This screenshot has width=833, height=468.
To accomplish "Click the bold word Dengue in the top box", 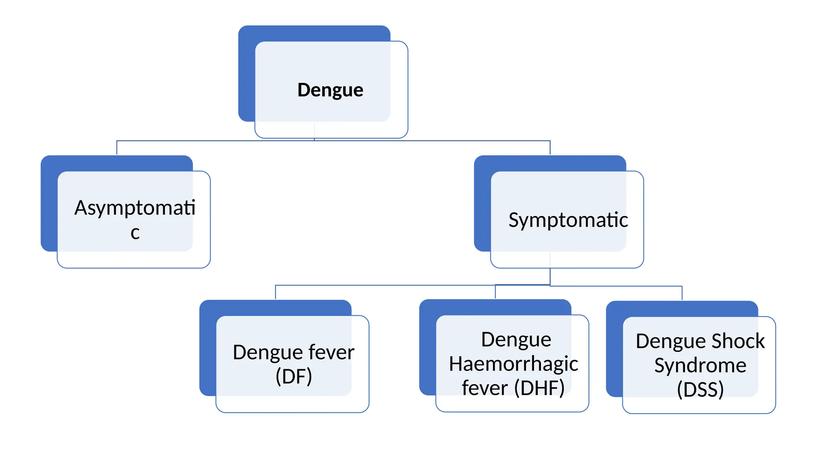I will [330, 90].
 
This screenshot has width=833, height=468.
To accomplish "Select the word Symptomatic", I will [568, 220].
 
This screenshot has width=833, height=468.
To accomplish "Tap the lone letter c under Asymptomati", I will [135, 233].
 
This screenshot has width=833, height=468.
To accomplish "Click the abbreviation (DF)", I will [294, 376].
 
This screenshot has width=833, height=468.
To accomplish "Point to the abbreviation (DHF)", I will [539, 388].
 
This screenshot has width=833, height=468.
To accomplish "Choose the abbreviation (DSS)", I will [700, 389].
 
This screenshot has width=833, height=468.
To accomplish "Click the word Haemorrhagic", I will [513, 364].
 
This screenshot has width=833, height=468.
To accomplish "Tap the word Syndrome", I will [700, 365].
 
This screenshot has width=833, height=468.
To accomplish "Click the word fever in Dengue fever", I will [331, 352].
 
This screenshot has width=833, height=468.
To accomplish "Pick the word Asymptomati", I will [135, 208].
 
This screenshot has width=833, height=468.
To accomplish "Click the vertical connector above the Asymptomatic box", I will [117, 148].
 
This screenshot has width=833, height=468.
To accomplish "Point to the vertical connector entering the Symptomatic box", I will [550, 148].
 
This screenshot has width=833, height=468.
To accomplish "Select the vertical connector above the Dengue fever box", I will [275, 292].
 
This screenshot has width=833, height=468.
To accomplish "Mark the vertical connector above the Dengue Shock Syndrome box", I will [682, 293].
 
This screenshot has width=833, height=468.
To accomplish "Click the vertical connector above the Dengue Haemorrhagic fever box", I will [495, 292].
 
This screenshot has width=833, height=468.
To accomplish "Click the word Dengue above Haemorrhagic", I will [516, 340].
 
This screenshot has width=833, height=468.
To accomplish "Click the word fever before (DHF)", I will [484, 388].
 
